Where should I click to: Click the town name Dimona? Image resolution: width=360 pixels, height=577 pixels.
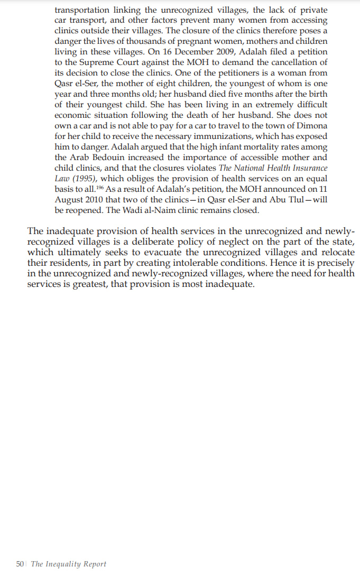(310, 126)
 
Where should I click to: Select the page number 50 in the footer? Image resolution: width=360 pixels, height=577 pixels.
(20, 564)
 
